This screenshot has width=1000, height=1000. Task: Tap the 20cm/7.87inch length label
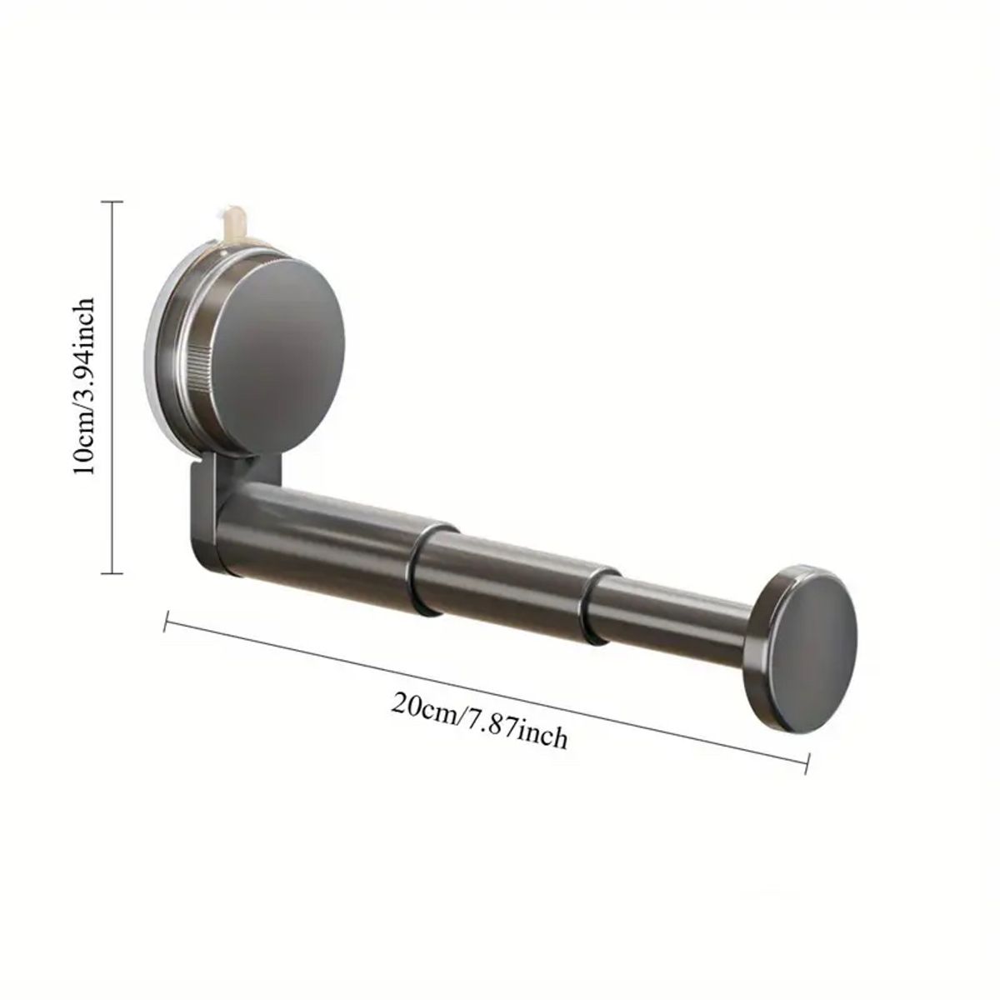pyautogui.click(x=480, y=722)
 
